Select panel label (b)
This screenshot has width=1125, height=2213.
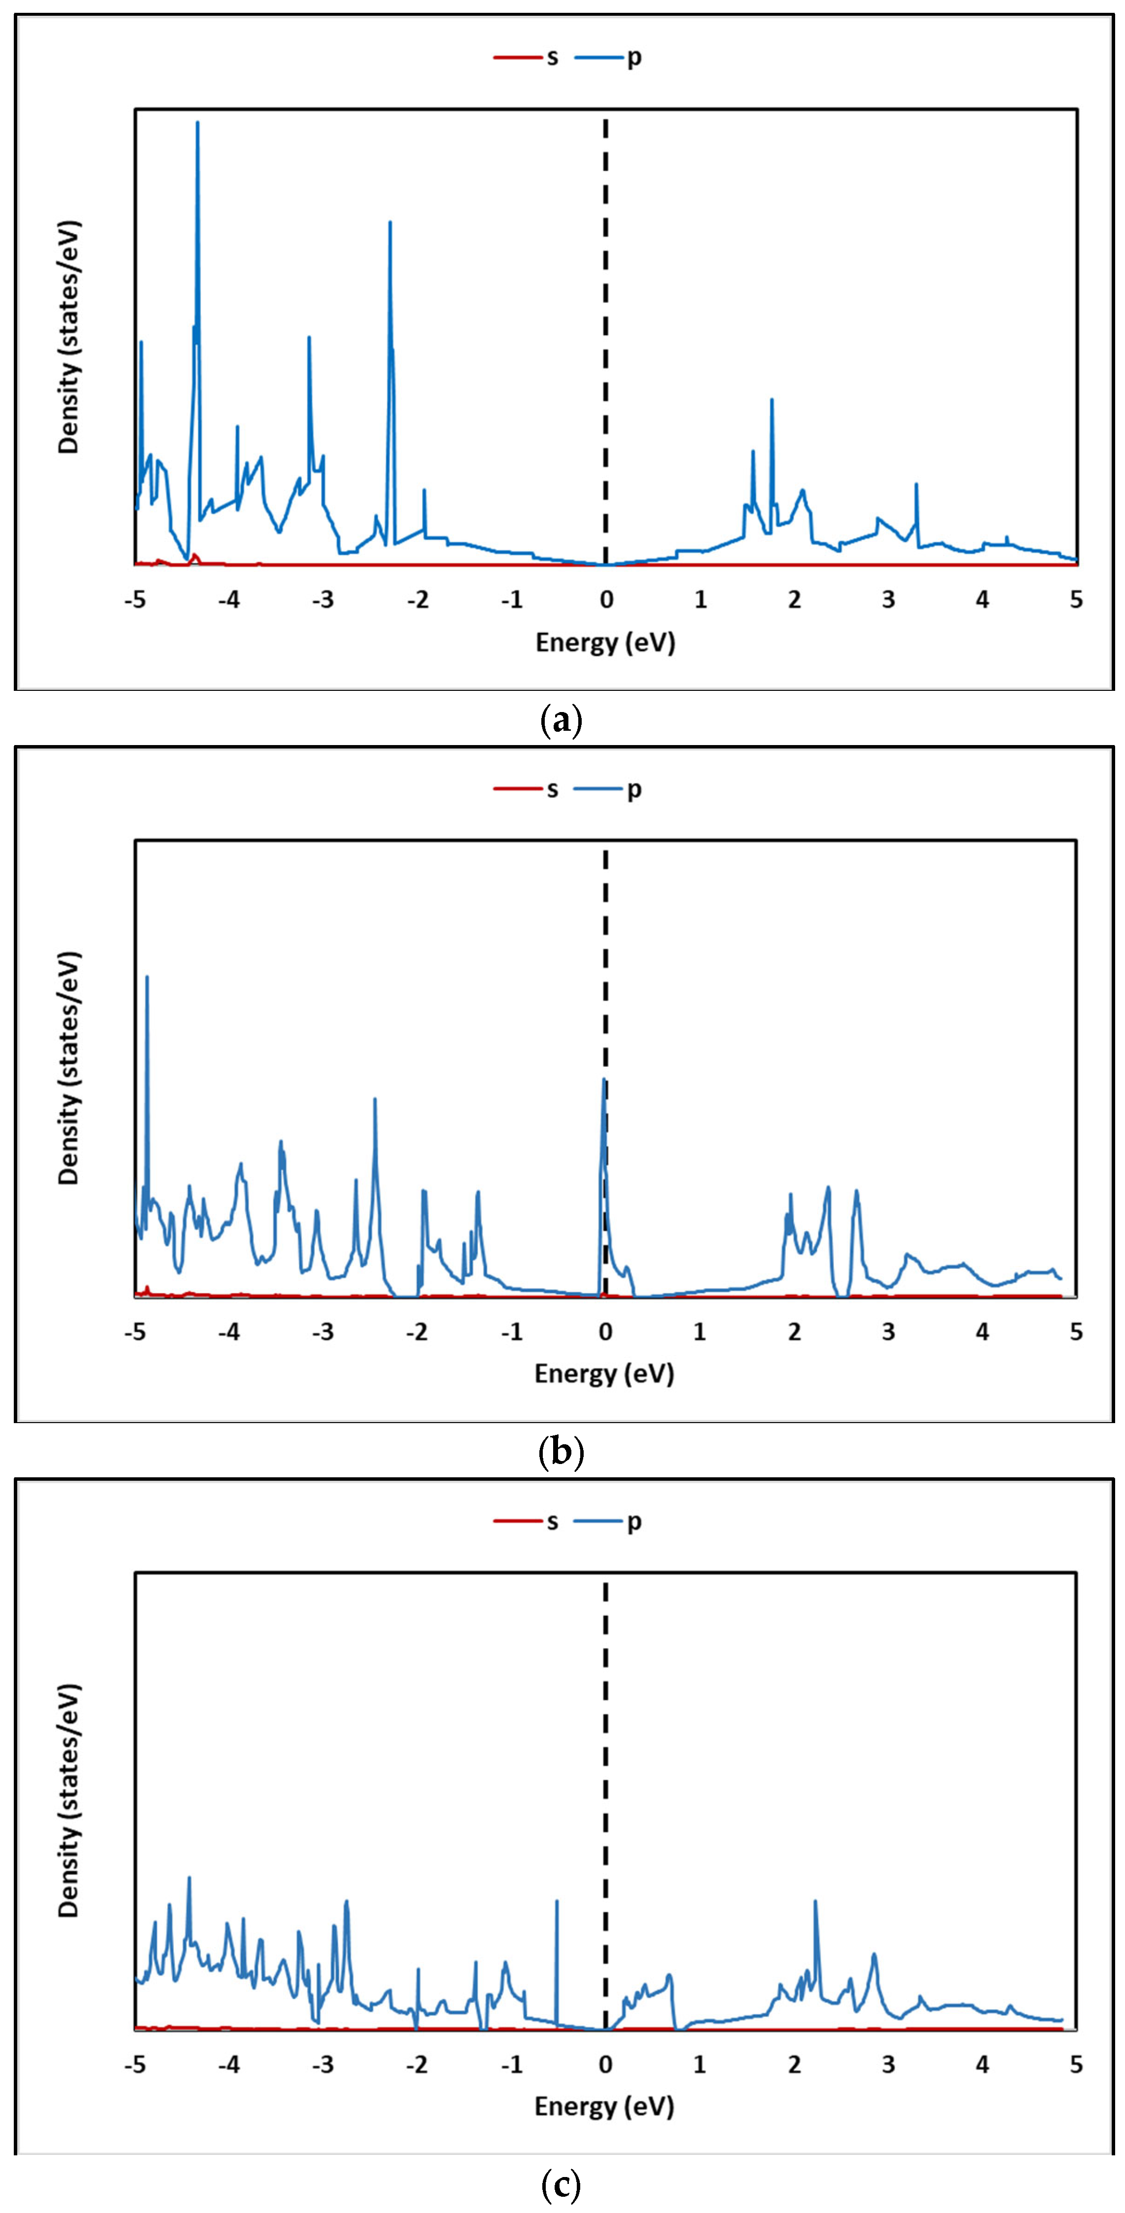click(562, 1452)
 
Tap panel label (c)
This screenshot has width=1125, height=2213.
click(562, 2184)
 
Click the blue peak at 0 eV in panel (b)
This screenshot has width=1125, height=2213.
click(604, 1081)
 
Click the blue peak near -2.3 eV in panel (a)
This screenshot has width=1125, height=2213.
click(390, 223)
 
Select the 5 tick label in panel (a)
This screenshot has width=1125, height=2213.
click(1076, 600)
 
